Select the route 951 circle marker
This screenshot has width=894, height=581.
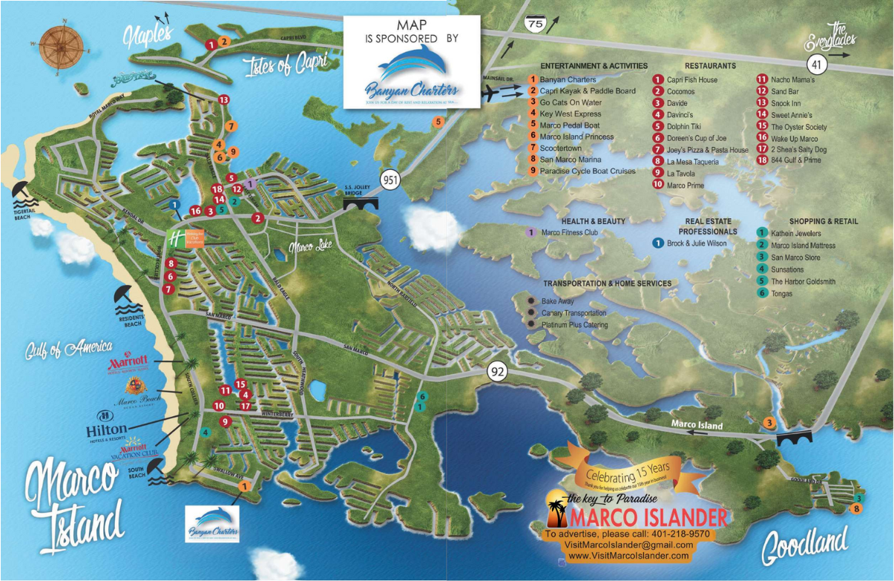pos(391,180)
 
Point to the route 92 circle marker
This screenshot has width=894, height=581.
pos(498,371)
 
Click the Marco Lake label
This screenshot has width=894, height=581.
pos(309,246)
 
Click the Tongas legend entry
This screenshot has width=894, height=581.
pos(781,294)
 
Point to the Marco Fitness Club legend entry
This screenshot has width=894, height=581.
pos(569,233)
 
